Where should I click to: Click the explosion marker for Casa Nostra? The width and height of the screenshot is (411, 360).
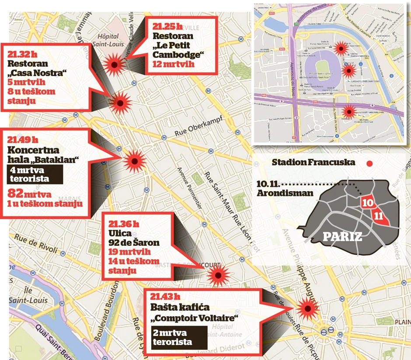point(120,103)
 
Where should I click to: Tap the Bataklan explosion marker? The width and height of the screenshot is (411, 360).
point(134,161)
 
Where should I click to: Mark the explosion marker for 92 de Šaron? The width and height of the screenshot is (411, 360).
point(217,276)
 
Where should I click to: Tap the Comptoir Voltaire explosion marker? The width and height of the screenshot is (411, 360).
point(308,309)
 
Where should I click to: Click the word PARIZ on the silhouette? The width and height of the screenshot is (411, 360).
point(342,237)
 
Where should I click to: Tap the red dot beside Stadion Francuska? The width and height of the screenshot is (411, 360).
point(369,164)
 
